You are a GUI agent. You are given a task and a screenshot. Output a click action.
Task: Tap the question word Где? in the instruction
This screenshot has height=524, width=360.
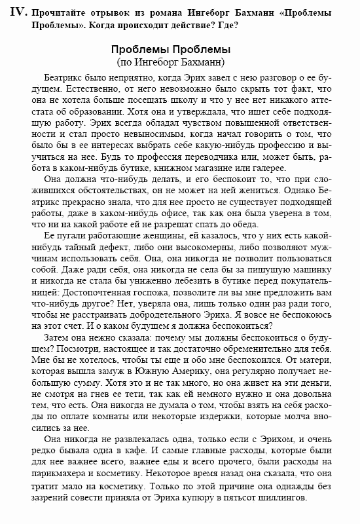[230, 26]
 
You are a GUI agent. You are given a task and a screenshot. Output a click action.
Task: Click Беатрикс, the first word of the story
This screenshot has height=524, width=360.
[64, 77]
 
